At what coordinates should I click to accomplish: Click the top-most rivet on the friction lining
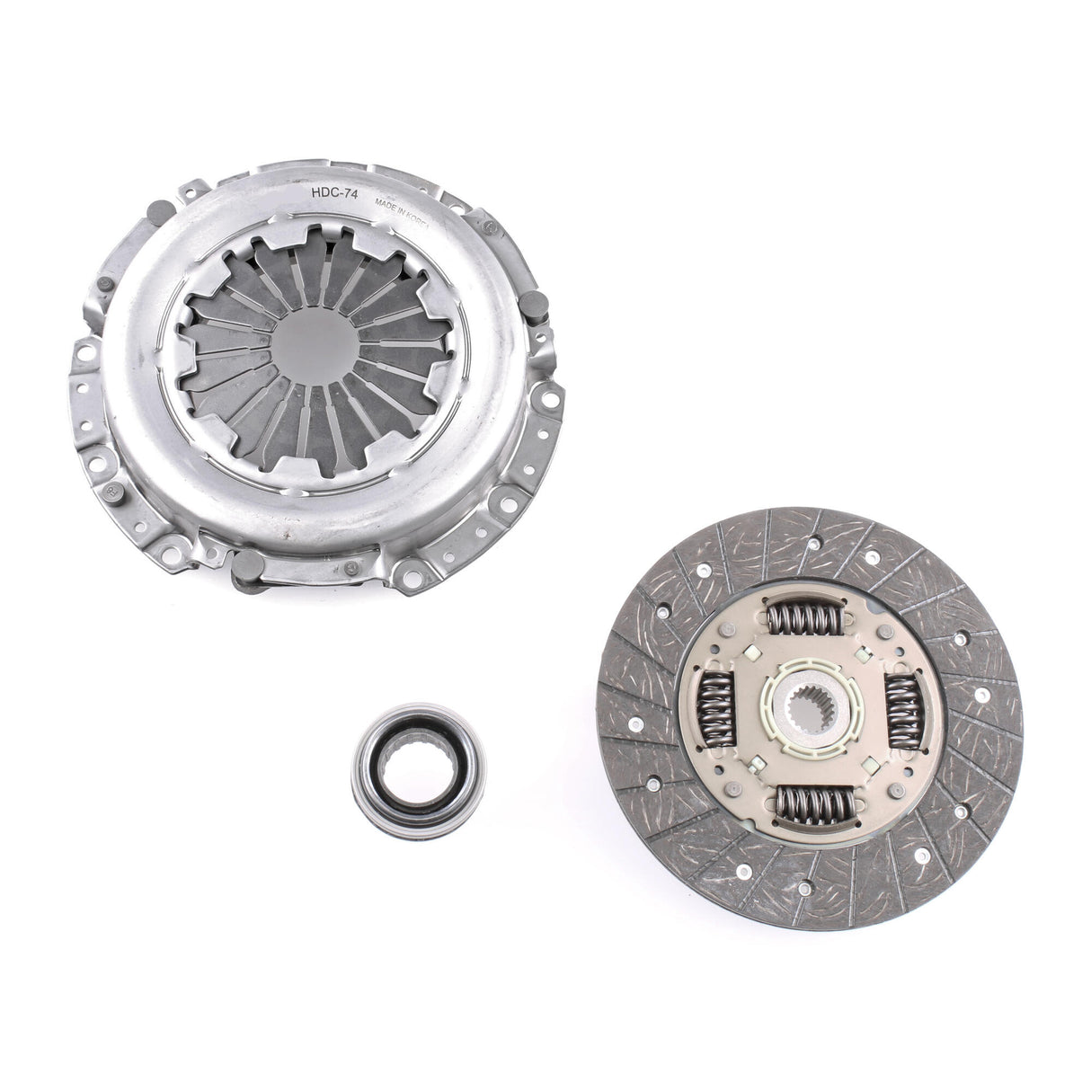814,543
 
